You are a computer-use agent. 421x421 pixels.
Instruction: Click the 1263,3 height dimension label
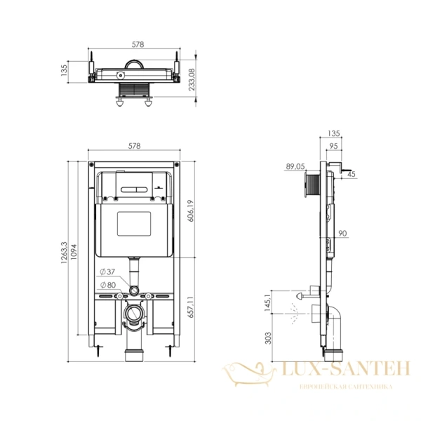point(64,253)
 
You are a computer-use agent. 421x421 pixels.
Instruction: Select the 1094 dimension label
point(74,252)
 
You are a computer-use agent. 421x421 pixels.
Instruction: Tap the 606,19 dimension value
point(190,210)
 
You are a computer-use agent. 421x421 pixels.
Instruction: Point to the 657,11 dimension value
point(190,307)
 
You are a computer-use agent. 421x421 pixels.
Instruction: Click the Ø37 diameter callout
point(107,272)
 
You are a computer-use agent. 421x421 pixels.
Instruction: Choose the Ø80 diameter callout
point(108,285)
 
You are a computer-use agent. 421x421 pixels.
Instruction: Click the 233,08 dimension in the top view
point(192,79)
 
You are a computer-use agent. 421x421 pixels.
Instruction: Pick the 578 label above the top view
point(138,44)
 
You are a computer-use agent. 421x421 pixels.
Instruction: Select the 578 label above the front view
point(134,146)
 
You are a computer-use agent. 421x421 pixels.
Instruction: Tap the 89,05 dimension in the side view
point(295,166)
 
